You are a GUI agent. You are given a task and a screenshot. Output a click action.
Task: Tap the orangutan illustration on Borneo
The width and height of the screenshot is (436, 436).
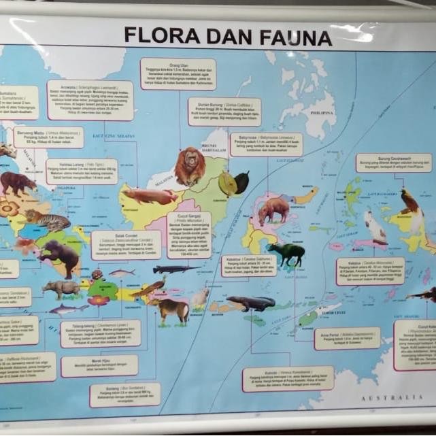tap(188, 166)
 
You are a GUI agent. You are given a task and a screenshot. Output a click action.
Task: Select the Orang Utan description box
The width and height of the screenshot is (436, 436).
tap(178, 73)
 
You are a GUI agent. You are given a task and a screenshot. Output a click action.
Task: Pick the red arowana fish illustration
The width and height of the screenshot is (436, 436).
tap(150, 197)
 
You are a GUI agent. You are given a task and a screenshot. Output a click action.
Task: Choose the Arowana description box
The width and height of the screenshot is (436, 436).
tap(90, 100)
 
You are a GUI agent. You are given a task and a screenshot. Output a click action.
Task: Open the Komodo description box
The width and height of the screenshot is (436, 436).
tap(288, 379)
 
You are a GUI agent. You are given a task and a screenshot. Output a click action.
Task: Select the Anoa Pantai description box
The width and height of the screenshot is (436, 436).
tap(347, 338)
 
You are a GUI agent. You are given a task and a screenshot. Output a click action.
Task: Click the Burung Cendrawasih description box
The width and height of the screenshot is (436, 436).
tap(393, 163)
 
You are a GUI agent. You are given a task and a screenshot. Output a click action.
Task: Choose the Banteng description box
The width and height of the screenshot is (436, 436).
tap(124, 394)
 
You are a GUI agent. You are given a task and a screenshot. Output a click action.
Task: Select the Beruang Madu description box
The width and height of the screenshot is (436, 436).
tap(48, 137)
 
